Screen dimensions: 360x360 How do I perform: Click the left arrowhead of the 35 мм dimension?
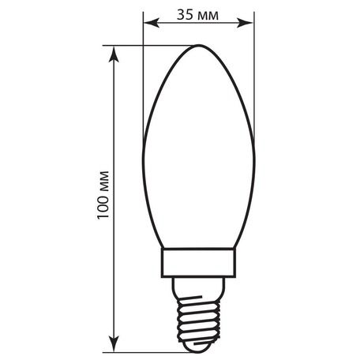148,24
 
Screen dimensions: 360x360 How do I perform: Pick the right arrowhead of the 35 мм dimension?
252,24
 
